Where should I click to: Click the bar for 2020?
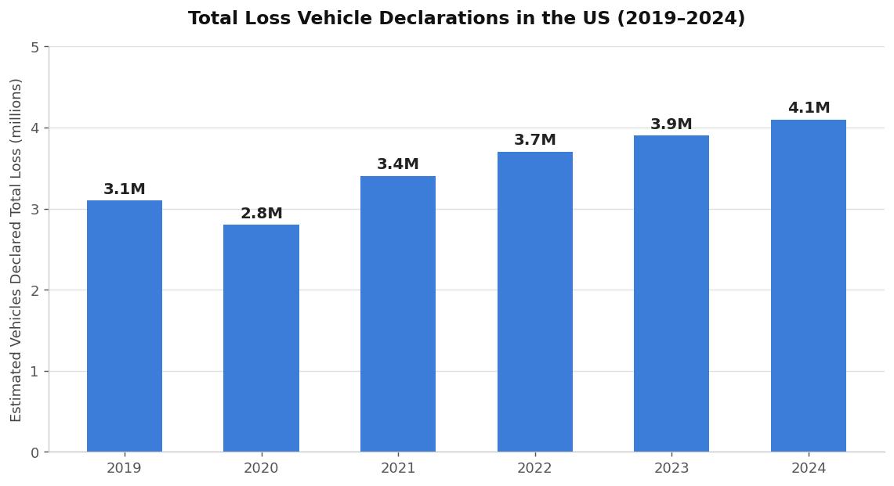(x=261, y=338)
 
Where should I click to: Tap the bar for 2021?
(x=398, y=314)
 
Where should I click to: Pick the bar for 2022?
(x=534, y=301)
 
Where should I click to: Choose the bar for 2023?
(x=671, y=293)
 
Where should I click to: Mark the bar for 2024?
(x=808, y=286)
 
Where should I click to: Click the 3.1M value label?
(x=124, y=189)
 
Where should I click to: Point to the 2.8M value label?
(x=261, y=214)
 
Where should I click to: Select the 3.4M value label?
(x=398, y=164)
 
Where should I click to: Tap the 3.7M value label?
(x=534, y=140)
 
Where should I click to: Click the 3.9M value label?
(x=671, y=124)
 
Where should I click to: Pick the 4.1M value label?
(x=808, y=108)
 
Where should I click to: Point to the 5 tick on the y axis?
(x=34, y=47)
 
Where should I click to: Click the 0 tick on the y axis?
(x=34, y=452)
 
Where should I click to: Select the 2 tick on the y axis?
(x=34, y=290)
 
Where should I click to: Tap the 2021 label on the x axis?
(x=398, y=469)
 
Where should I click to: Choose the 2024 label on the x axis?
(x=808, y=469)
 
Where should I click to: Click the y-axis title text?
(x=16, y=250)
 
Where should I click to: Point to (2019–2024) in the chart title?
(x=681, y=19)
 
